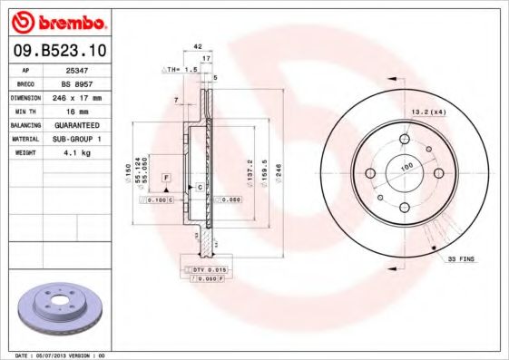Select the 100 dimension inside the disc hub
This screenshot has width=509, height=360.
tap(406, 167)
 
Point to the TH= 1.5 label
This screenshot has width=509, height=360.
tap(181, 69)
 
